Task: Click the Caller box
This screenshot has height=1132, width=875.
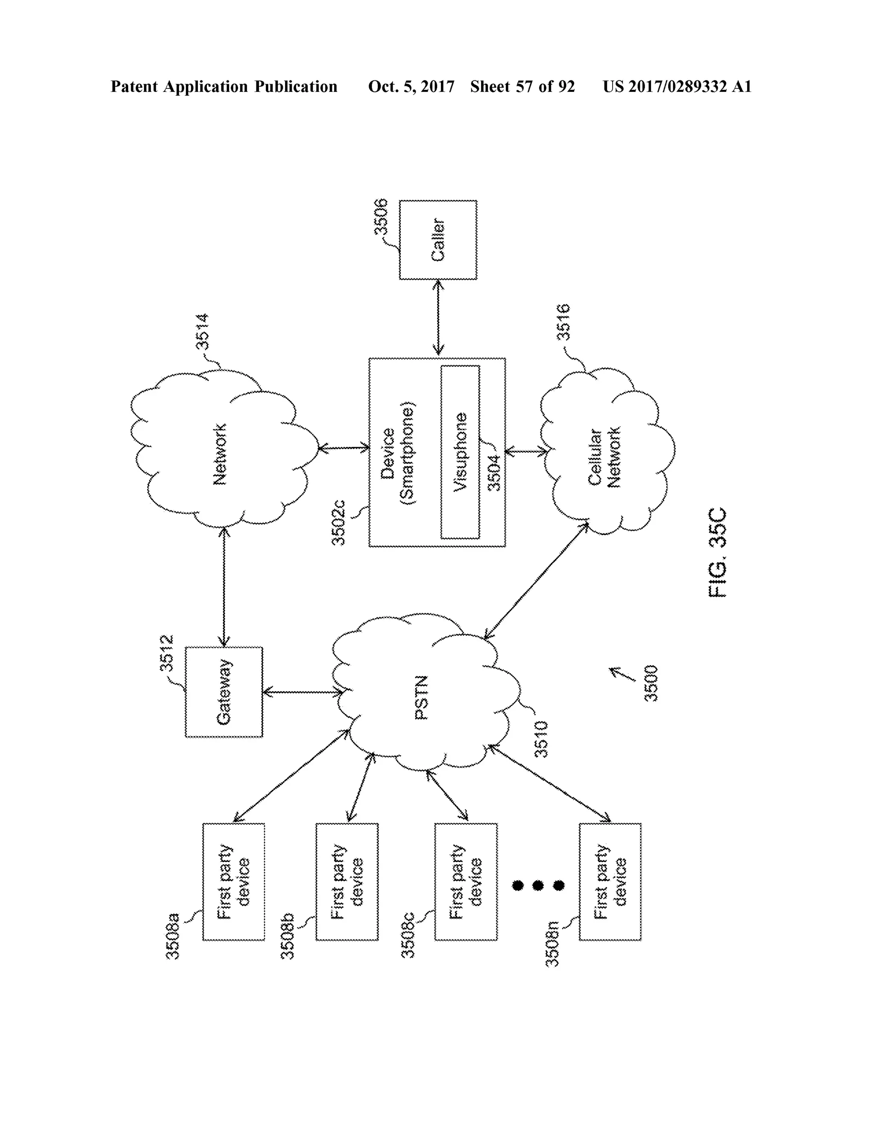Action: pyautogui.click(x=438, y=240)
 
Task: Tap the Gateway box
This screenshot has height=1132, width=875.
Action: pyautogui.click(x=224, y=692)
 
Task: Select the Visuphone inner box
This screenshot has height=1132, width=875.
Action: pyautogui.click(x=460, y=452)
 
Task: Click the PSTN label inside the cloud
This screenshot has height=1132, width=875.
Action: pyautogui.click(x=422, y=697)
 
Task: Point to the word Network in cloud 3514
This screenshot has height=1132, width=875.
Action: pyautogui.click(x=220, y=455)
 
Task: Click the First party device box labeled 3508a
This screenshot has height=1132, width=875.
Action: pyautogui.click(x=233, y=882)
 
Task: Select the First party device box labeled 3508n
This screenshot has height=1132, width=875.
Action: pyautogui.click(x=610, y=882)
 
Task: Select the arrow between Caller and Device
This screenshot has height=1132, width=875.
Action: pyautogui.click(x=438, y=318)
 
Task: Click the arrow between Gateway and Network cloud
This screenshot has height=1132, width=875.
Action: pyautogui.click(x=224, y=587)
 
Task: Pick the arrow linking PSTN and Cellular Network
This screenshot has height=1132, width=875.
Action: pyautogui.click(x=536, y=581)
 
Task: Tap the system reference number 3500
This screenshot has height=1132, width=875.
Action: pyautogui.click(x=651, y=683)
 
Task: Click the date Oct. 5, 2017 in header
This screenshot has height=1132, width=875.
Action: pyautogui.click(x=411, y=87)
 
